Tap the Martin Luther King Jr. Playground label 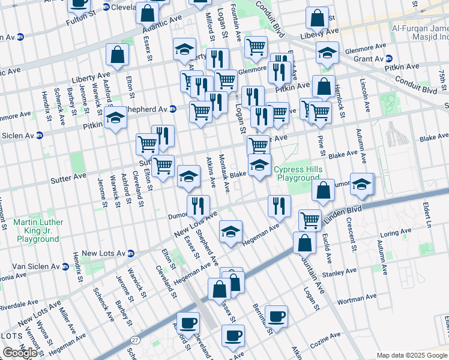(x=37, y=230)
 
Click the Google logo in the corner (x=20, y=353)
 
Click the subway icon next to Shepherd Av (x=172, y=109)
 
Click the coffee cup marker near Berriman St (x=277, y=317)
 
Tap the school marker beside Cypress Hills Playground (x=259, y=166)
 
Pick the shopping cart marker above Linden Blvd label (x=310, y=220)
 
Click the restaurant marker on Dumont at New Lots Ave (x=198, y=206)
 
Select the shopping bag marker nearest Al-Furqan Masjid (x=317, y=19)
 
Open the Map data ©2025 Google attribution (x=412, y=355)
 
